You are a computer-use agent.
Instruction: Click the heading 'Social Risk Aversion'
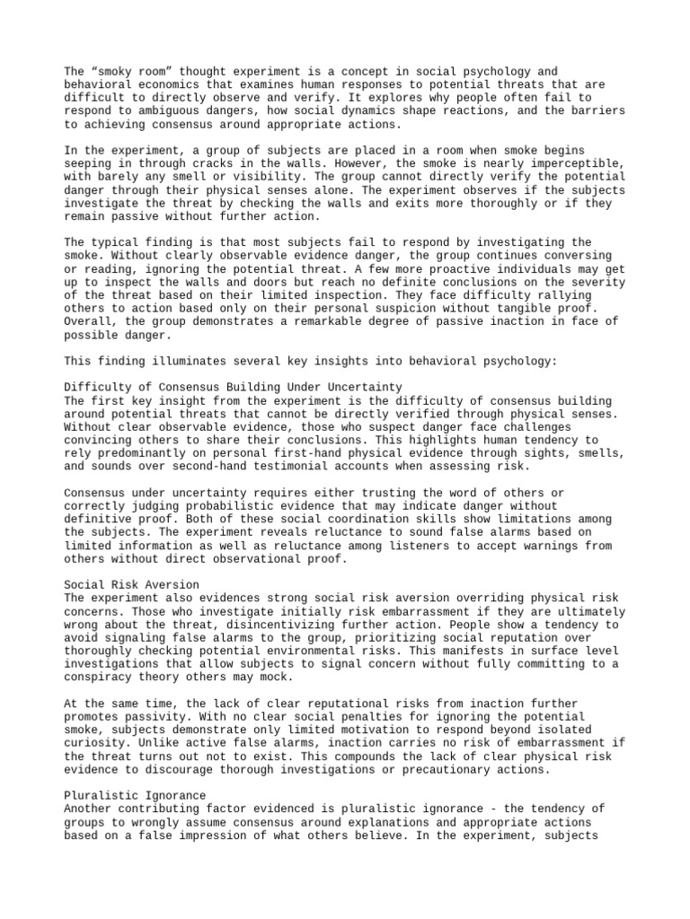(x=132, y=584)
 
